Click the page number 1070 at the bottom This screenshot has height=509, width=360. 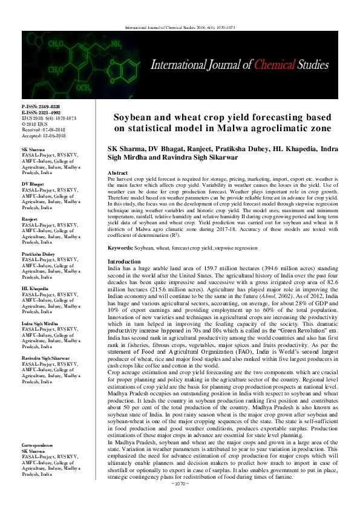click(x=180, y=501)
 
